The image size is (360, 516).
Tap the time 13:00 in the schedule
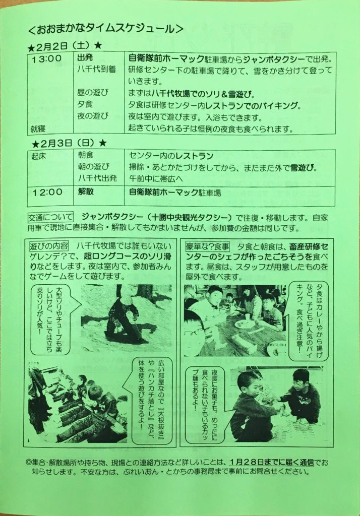[x=46, y=59]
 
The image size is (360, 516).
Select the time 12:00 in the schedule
[x=47, y=192]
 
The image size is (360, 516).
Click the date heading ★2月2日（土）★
[x=65, y=46]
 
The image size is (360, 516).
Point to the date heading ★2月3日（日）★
[x=70, y=143]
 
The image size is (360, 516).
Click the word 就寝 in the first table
[x=38, y=129]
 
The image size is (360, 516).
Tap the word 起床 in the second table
[x=38, y=156]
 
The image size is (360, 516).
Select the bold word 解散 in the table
[x=86, y=191]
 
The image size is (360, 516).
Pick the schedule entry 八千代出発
[x=97, y=178]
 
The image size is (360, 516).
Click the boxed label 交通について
[x=50, y=218]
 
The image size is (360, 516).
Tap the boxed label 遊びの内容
[x=49, y=246]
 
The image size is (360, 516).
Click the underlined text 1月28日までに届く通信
[x=272, y=462]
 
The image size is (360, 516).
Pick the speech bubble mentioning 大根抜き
[x=152, y=401]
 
